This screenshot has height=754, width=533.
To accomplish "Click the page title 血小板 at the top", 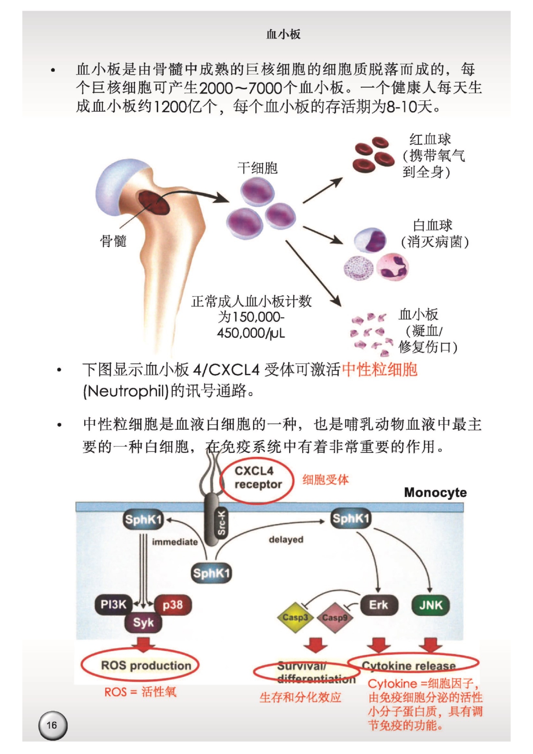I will [x=283, y=34].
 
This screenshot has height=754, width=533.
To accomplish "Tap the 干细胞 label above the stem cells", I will [x=258, y=168].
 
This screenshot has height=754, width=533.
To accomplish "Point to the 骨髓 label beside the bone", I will [x=113, y=241].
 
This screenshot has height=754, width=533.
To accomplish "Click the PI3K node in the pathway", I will [x=113, y=605].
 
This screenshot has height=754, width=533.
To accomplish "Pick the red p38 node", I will [x=173, y=605].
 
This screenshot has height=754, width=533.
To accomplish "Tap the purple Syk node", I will [x=143, y=622].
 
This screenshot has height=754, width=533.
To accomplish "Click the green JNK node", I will [x=430, y=605].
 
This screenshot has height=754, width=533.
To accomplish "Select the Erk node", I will [x=378, y=605].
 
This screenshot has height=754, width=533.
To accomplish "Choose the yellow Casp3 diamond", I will [x=295, y=617].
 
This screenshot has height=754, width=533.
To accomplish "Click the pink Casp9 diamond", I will [x=335, y=618].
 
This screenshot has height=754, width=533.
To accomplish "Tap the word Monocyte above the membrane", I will [x=435, y=493].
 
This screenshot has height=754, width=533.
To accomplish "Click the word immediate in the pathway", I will [x=175, y=542].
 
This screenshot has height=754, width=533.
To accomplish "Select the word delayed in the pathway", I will [x=286, y=539].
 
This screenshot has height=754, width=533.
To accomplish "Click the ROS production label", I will [x=146, y=665].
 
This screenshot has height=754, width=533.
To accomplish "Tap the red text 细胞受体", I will [x=326, y=480].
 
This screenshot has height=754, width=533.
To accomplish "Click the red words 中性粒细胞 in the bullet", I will [x=380, y=369].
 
